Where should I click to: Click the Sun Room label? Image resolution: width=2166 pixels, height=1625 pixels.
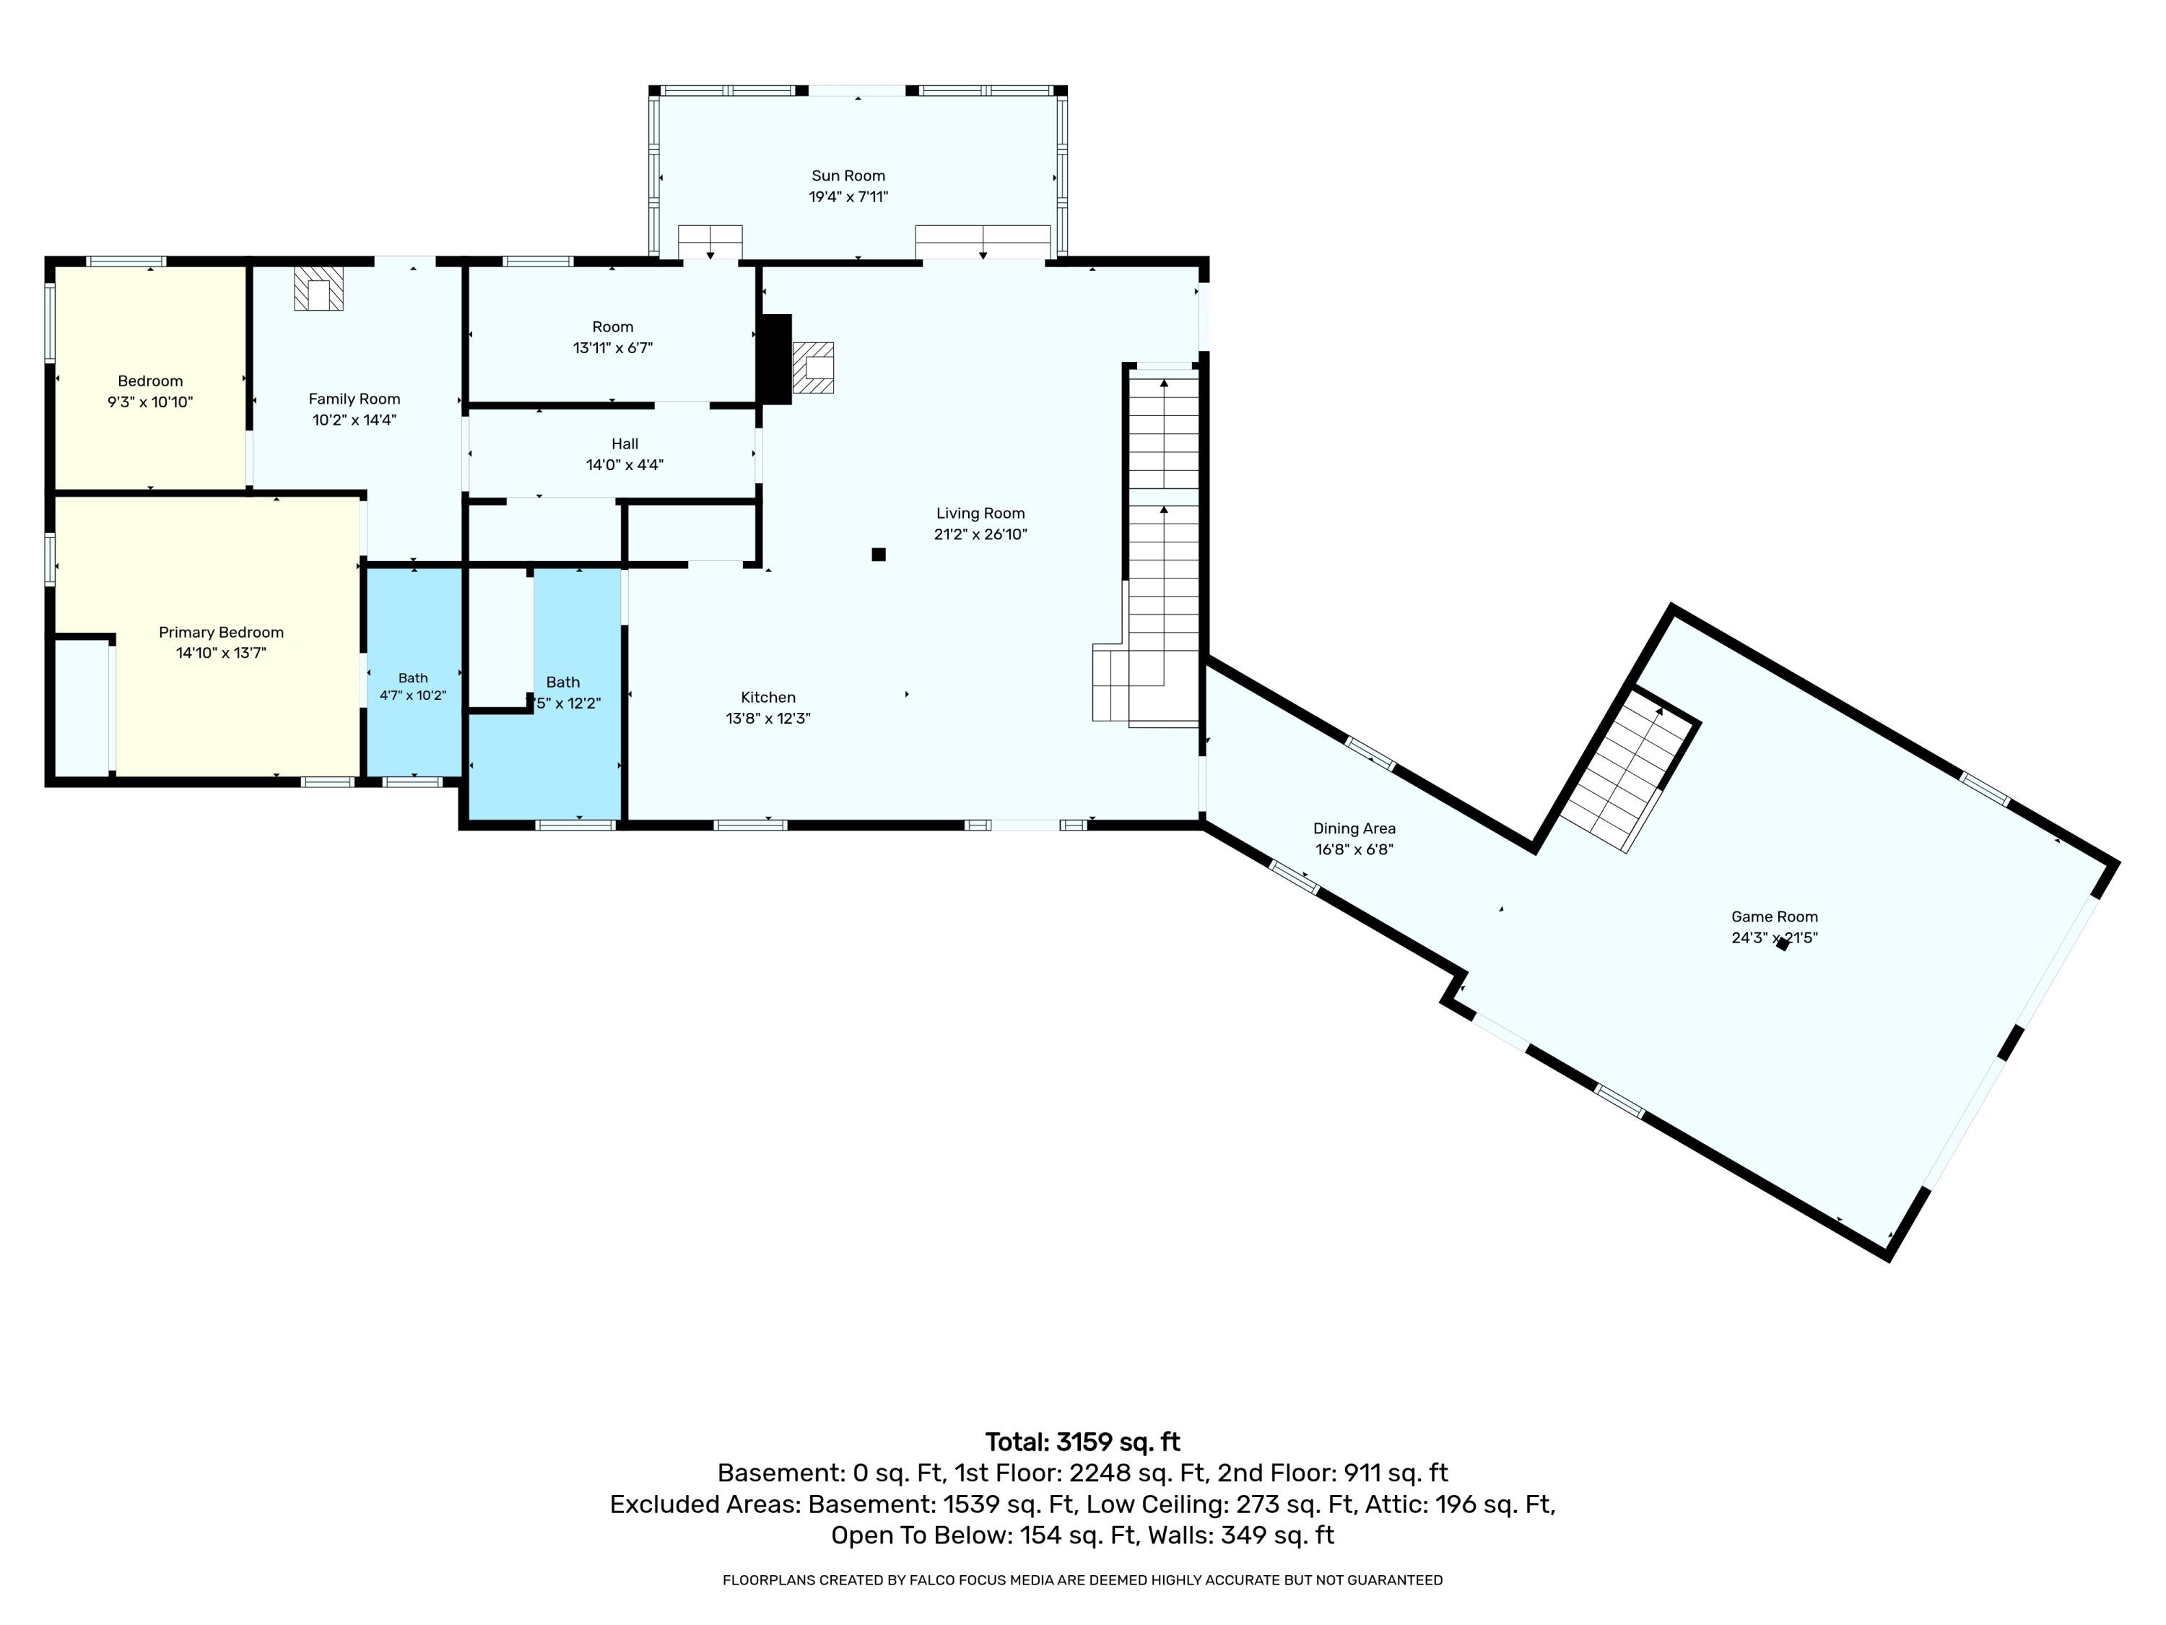pyautogui.click(x=848, y=176)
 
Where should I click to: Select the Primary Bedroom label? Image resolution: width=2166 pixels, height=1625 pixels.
pyautogui.click(x=222, y=633)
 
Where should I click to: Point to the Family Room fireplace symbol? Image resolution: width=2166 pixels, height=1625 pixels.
pyautogui.click(x=318, y=288)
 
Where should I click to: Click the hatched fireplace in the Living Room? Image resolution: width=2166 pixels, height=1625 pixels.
pyautogui.click(x=813, y=368)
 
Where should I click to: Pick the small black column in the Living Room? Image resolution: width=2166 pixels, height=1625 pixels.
pyautogui.click(x=879, y=555)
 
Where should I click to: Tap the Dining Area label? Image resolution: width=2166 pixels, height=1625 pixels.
pyautogui.click(x=1354, y=828)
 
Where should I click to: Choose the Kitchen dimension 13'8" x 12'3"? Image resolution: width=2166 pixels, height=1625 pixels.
pyautogui.click(x=767, y=719)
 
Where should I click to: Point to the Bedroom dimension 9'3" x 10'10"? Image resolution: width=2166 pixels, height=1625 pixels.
pyautogui.click(x=150, y=402)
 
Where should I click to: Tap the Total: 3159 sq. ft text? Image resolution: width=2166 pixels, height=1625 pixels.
pyautogui.click(x=1083, y=1442)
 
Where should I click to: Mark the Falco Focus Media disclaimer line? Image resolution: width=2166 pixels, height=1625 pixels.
pyautogui.click(x=1083, y=1580)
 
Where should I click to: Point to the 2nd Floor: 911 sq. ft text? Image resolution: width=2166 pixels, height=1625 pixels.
pyautogui.click(x=1333, y=1473)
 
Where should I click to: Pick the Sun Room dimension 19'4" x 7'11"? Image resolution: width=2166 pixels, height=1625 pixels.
pyautogui.click(x=848, y=197)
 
